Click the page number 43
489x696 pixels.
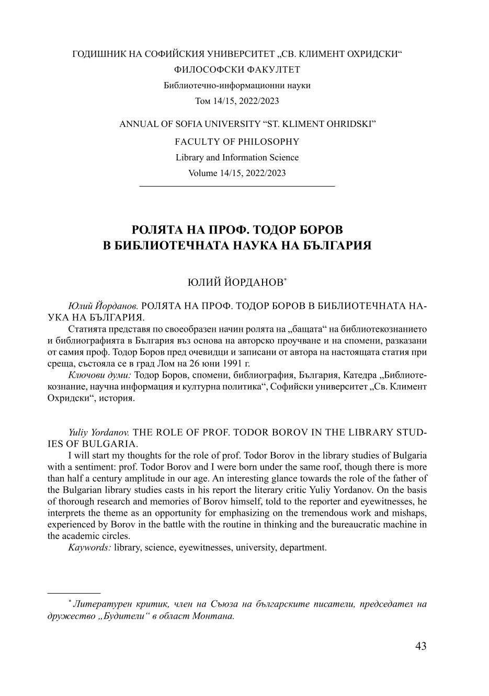(x=420, y=646)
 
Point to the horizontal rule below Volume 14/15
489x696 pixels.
(x=237, y=186)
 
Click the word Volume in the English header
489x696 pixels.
(x=201, y=173)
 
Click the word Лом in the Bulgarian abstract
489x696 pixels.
(x=174, y=364)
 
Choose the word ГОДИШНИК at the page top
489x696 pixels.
(x=97, y=54)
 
